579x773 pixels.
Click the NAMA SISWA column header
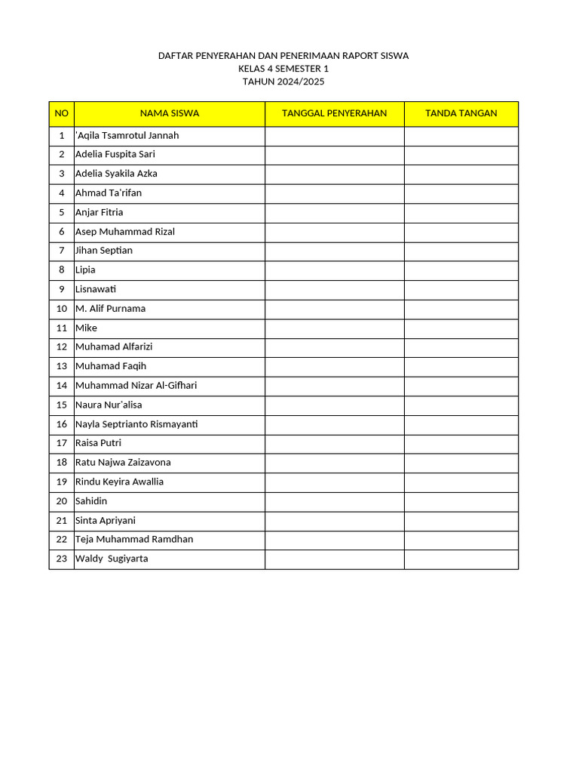(x=170, y=113)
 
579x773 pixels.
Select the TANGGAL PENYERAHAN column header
(x=334, y=113)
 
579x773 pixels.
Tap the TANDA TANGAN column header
(x=461, y=113)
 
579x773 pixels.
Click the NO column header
(x=62, y=113)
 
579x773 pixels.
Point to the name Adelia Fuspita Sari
(x=115, y=154)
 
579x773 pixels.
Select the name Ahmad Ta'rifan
(x=109, y=193)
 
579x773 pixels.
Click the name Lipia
(x=85, y=270)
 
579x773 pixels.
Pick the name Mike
(x=86, y=328)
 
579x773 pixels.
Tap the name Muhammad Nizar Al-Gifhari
(x=136, y=386)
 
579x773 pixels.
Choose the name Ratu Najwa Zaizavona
(x=123, y=463)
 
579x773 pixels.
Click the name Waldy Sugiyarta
(x=112, y=559)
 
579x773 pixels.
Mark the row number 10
(x=62, y=309)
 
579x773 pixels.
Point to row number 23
(x=62, y=559)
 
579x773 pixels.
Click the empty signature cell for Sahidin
(x=461, y=501)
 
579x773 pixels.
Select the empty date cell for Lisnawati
(x=334, y=290)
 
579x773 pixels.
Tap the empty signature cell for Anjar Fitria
(x=461, y=213)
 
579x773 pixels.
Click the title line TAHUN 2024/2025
(x=283, y=82)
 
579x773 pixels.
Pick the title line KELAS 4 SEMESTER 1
(x=283, y=69)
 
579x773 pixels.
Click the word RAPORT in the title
(x=342, y=56)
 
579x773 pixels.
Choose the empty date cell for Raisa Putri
(x=334, y=444)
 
